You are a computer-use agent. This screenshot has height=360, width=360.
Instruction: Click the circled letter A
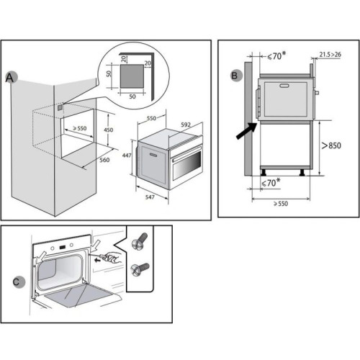pos(11,78)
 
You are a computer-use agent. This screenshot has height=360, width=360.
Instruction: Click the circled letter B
pos(235,76)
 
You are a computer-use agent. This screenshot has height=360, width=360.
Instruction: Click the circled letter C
pos(18,282)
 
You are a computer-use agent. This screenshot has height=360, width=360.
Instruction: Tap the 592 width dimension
pos(186,125)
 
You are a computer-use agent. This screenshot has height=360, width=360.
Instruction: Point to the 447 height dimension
pos(127,156)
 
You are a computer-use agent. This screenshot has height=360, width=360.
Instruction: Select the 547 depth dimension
pos(150,197)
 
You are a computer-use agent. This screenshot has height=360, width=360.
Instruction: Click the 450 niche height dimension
pos(108,130)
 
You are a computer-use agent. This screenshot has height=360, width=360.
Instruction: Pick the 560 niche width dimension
pos(104,160)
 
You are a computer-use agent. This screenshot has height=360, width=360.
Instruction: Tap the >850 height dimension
pos(331,145)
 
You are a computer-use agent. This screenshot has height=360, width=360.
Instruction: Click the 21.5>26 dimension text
pos(330,55)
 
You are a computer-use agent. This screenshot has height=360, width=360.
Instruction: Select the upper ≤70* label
pos(276,55)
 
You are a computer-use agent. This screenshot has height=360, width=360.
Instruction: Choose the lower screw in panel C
pos(140,270)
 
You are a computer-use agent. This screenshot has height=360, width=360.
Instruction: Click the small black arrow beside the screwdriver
pos(97,260)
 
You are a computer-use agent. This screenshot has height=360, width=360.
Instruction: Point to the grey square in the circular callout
pos(132,76)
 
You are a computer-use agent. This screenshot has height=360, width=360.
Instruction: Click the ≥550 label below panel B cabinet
pos(281,204)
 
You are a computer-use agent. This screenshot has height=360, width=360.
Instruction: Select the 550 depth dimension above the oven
pos(151,118)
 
